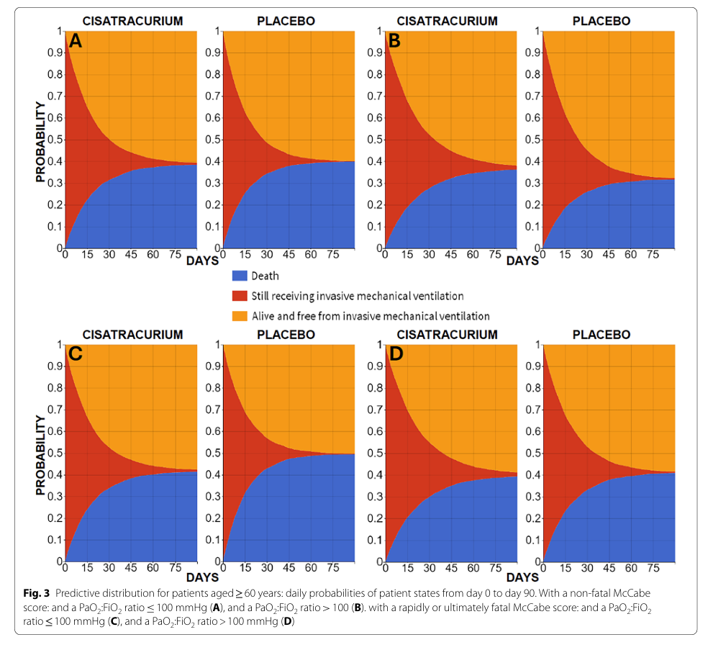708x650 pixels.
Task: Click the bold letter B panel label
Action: (394, 41)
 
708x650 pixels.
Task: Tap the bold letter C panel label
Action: (76, 355)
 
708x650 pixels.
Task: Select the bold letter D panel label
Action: (394, 355)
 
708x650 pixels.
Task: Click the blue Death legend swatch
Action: (240, 276)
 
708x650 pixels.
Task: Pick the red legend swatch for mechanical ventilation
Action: (240, 296)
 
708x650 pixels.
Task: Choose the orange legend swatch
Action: (240, 316)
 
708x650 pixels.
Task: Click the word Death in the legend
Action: (265, 276)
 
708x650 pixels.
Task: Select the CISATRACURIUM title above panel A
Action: (132, 21)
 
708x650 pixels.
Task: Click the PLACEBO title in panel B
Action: (601, 21)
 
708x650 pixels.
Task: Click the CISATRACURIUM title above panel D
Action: (447, 335)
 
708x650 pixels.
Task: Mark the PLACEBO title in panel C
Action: (286, 335)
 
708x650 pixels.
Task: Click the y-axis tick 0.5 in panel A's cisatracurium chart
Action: (55, 140)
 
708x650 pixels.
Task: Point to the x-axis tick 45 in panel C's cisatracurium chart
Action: (131, 569)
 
